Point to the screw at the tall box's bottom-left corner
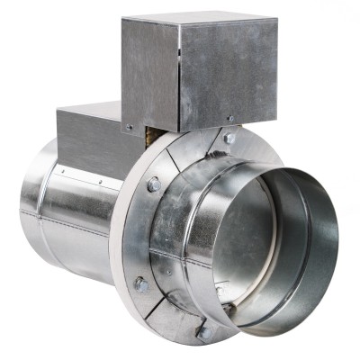(x=129, y=127)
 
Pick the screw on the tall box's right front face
(x=229, y=118)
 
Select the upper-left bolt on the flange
(x=154, y=184)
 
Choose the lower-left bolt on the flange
(x=141, y=284)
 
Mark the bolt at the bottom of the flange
(x=205, y=332)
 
